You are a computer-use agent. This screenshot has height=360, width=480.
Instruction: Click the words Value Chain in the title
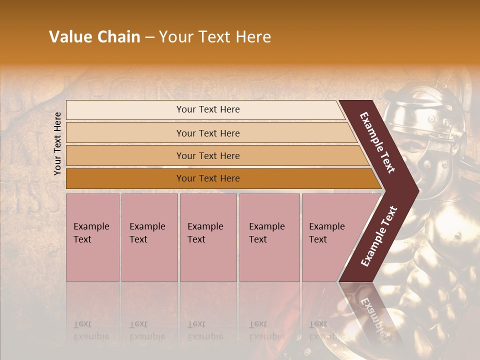(94, 37)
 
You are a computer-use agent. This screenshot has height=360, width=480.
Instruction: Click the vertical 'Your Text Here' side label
(57, 143)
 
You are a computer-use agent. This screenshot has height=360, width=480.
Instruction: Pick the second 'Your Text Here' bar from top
(208, 133)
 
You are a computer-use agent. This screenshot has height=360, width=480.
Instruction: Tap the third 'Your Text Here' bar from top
(208, 155)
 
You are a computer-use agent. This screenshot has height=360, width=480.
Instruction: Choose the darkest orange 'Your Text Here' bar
(208, 178)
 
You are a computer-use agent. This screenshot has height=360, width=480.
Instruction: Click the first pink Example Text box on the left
(92, 237)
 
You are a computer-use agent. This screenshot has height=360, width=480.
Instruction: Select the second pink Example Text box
(149, 237)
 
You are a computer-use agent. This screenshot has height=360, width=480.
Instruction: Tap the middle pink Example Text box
(208, 237)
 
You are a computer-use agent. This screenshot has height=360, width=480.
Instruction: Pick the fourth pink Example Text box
(269, 237)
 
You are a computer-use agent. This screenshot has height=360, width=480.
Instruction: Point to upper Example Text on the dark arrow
(378, 142)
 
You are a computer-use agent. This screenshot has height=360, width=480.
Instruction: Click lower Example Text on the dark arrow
(379, 236)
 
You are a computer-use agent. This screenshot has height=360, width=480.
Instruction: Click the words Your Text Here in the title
(215, 37)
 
